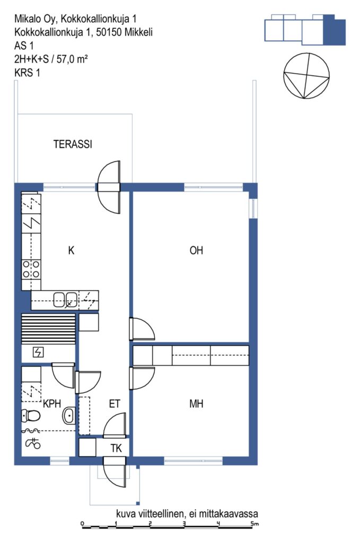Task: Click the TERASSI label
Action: coord(73,144)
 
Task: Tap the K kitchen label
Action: coord(71,250)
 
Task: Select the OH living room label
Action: coord(196,250)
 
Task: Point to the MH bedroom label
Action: coord(196,404)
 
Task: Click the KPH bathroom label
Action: coord(52,404)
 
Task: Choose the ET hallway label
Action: coord(115,404)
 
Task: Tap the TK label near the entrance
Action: coord(116,448)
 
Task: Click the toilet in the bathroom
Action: coord(31,415)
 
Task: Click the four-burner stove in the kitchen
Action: coord(31,269)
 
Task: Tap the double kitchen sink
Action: coord(65,300)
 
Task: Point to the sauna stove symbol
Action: coord(38,353)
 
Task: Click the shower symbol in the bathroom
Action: coord(33,443)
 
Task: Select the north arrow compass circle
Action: coord(306,76)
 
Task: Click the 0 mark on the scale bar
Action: coord(82,523)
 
